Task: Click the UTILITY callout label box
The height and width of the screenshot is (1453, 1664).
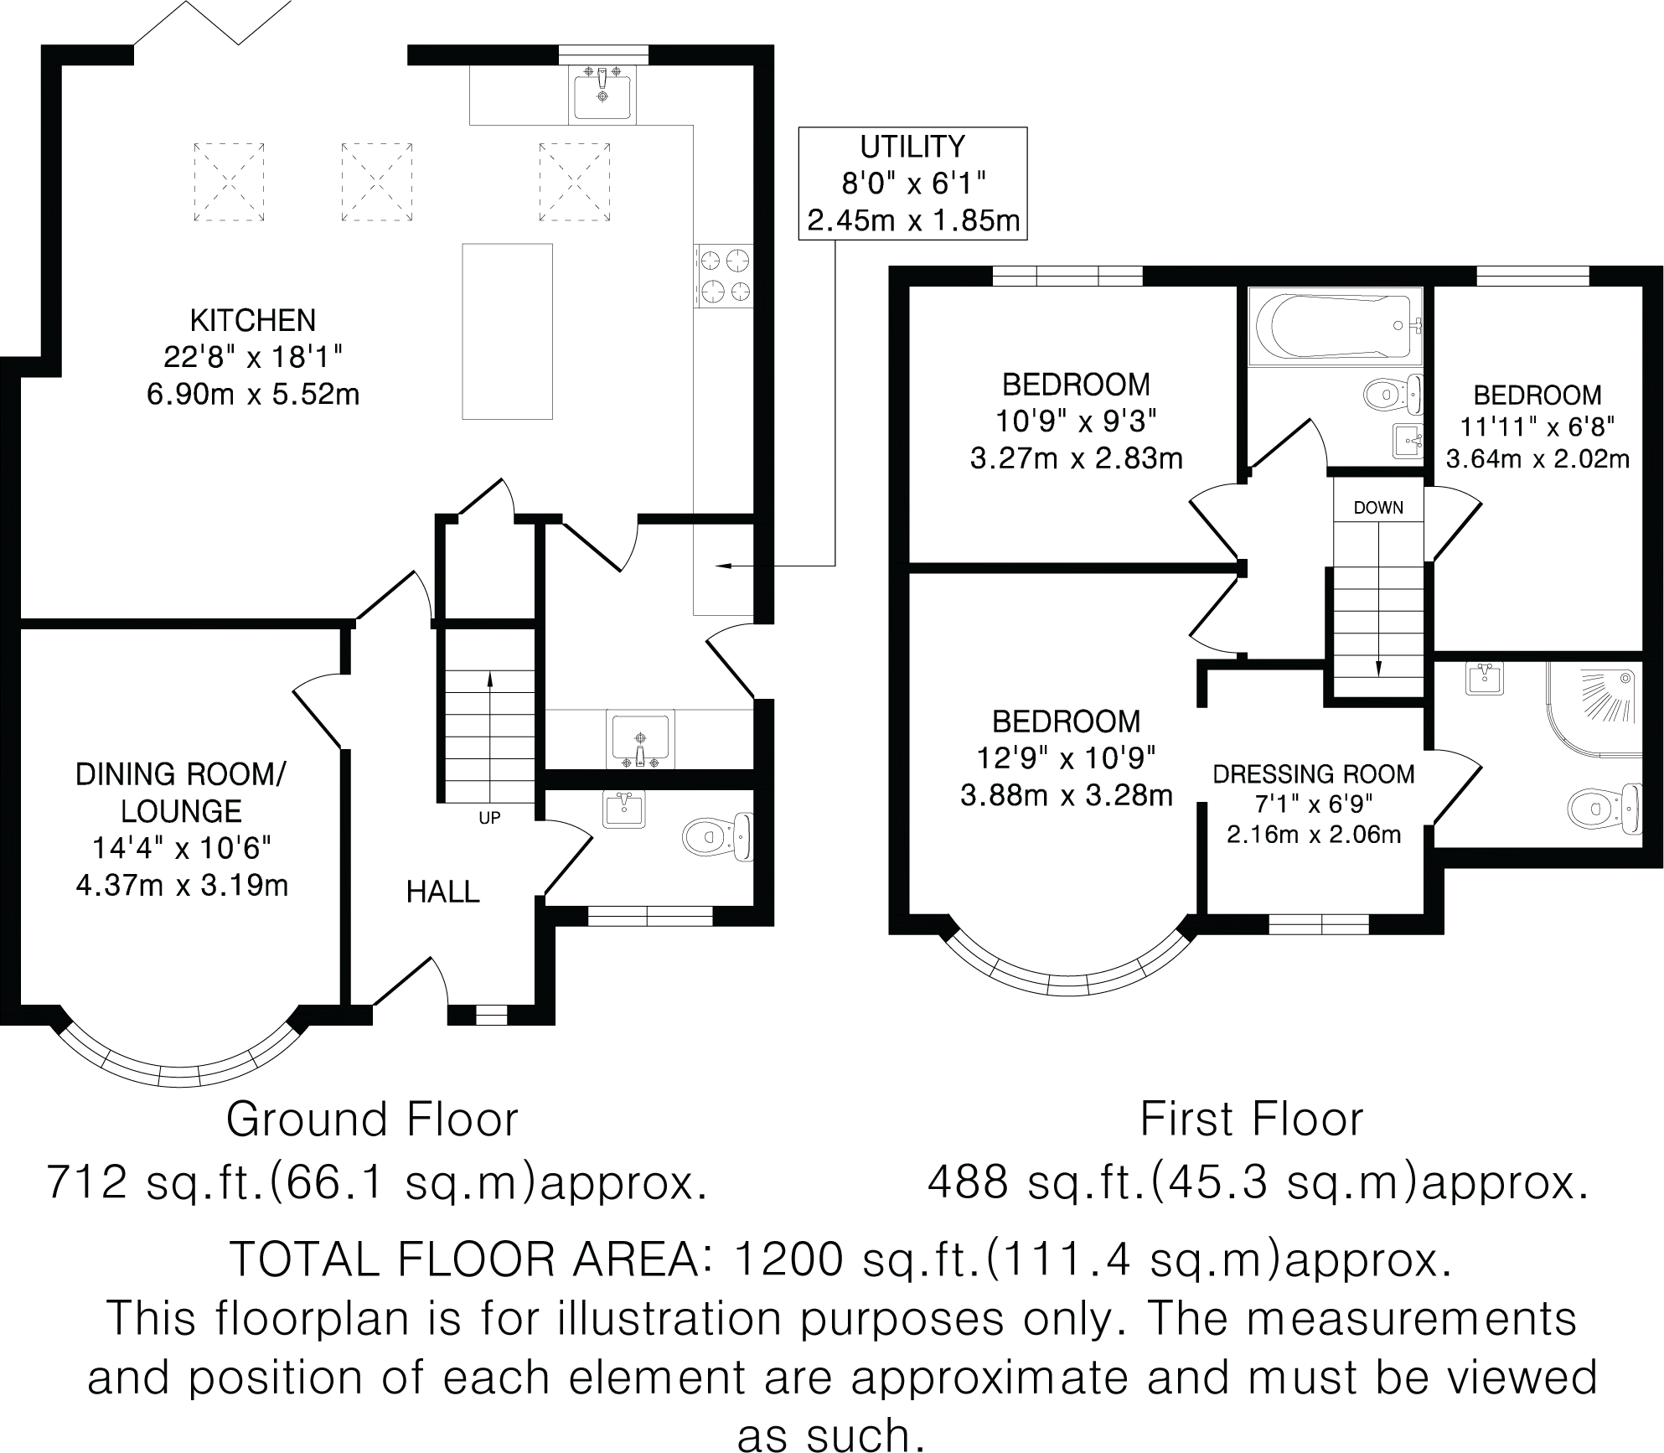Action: pos(912,184)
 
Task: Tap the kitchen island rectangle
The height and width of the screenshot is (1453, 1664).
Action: pos(507,331)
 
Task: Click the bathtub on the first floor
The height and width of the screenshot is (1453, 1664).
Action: pos(1335,327)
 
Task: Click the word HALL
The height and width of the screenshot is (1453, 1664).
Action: pos(442,892)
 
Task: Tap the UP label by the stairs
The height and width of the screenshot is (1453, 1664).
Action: pos(489,818)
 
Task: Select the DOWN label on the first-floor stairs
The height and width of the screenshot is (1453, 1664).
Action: pos(1378,508)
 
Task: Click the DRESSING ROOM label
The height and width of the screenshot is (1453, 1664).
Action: pos(1314,774)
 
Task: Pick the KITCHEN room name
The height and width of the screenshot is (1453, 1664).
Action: pos(253,320)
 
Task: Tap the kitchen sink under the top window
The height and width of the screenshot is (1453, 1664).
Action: pos(602,94)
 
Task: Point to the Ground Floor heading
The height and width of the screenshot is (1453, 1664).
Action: pos(372,1119)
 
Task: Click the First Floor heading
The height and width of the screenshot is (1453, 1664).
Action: pos(1252,1119)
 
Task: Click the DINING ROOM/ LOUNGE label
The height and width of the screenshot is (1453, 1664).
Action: pos(181,793)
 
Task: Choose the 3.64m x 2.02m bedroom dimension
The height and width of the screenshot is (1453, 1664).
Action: pos(1537,459)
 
